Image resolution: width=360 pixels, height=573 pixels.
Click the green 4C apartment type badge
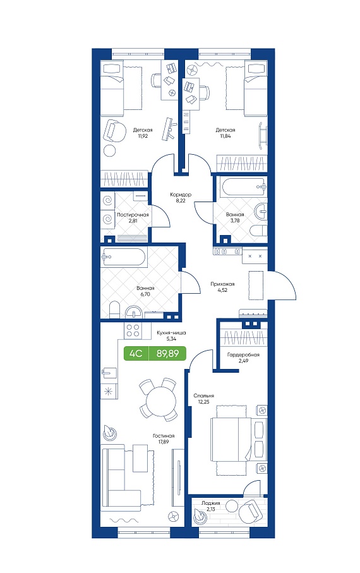pos(136,353)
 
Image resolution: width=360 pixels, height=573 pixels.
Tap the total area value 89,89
pos(167,353)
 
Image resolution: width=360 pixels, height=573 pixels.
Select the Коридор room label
pos(181,195)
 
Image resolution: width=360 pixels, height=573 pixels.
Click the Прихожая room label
pos(222,284)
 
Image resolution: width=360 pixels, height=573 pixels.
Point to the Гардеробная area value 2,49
pos(243,361)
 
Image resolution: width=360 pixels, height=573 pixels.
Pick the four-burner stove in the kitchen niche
pos(133,330)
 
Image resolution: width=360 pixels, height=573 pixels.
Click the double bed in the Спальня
pos(238,440)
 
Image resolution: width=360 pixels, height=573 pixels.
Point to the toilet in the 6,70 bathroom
pos(114,310)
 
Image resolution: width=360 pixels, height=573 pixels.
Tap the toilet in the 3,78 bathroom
pos(258,231)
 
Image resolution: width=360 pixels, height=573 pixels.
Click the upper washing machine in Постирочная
pos(108,201)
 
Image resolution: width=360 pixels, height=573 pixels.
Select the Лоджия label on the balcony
pos(210,504)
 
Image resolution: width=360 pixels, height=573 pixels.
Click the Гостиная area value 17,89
pos(164,442)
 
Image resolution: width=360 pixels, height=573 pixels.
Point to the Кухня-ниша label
pos(171,333)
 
